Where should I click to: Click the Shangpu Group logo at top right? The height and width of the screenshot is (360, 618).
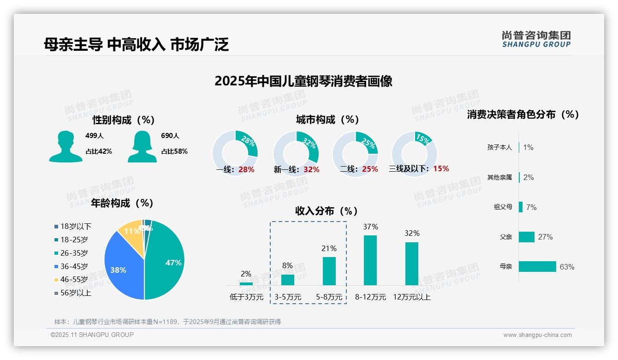click(x=536, y=39)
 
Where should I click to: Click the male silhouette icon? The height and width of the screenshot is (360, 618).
click(x=66, y=146)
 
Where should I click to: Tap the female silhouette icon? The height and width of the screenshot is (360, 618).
click(x=142, y=146)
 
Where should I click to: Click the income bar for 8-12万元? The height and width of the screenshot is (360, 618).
click(x=370, y=260)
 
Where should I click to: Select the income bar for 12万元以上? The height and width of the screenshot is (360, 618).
click(x=412, y=264)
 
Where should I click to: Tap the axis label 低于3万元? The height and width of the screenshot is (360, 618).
click(x=246, y=297)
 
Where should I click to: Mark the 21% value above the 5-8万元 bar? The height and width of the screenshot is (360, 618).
click(x=329, y=248)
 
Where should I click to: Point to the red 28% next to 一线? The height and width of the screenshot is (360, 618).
click(x=246, y=169)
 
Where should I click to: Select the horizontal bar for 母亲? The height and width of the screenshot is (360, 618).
click(x=537, y=267)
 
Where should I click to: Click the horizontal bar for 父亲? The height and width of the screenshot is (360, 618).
click(x=527, y=237)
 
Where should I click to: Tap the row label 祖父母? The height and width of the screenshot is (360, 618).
click(x=503, y=207)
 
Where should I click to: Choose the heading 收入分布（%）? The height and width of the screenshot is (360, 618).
click(x=327, y=211)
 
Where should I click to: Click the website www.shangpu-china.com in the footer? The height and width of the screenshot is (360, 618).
click(x=537, y=335)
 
